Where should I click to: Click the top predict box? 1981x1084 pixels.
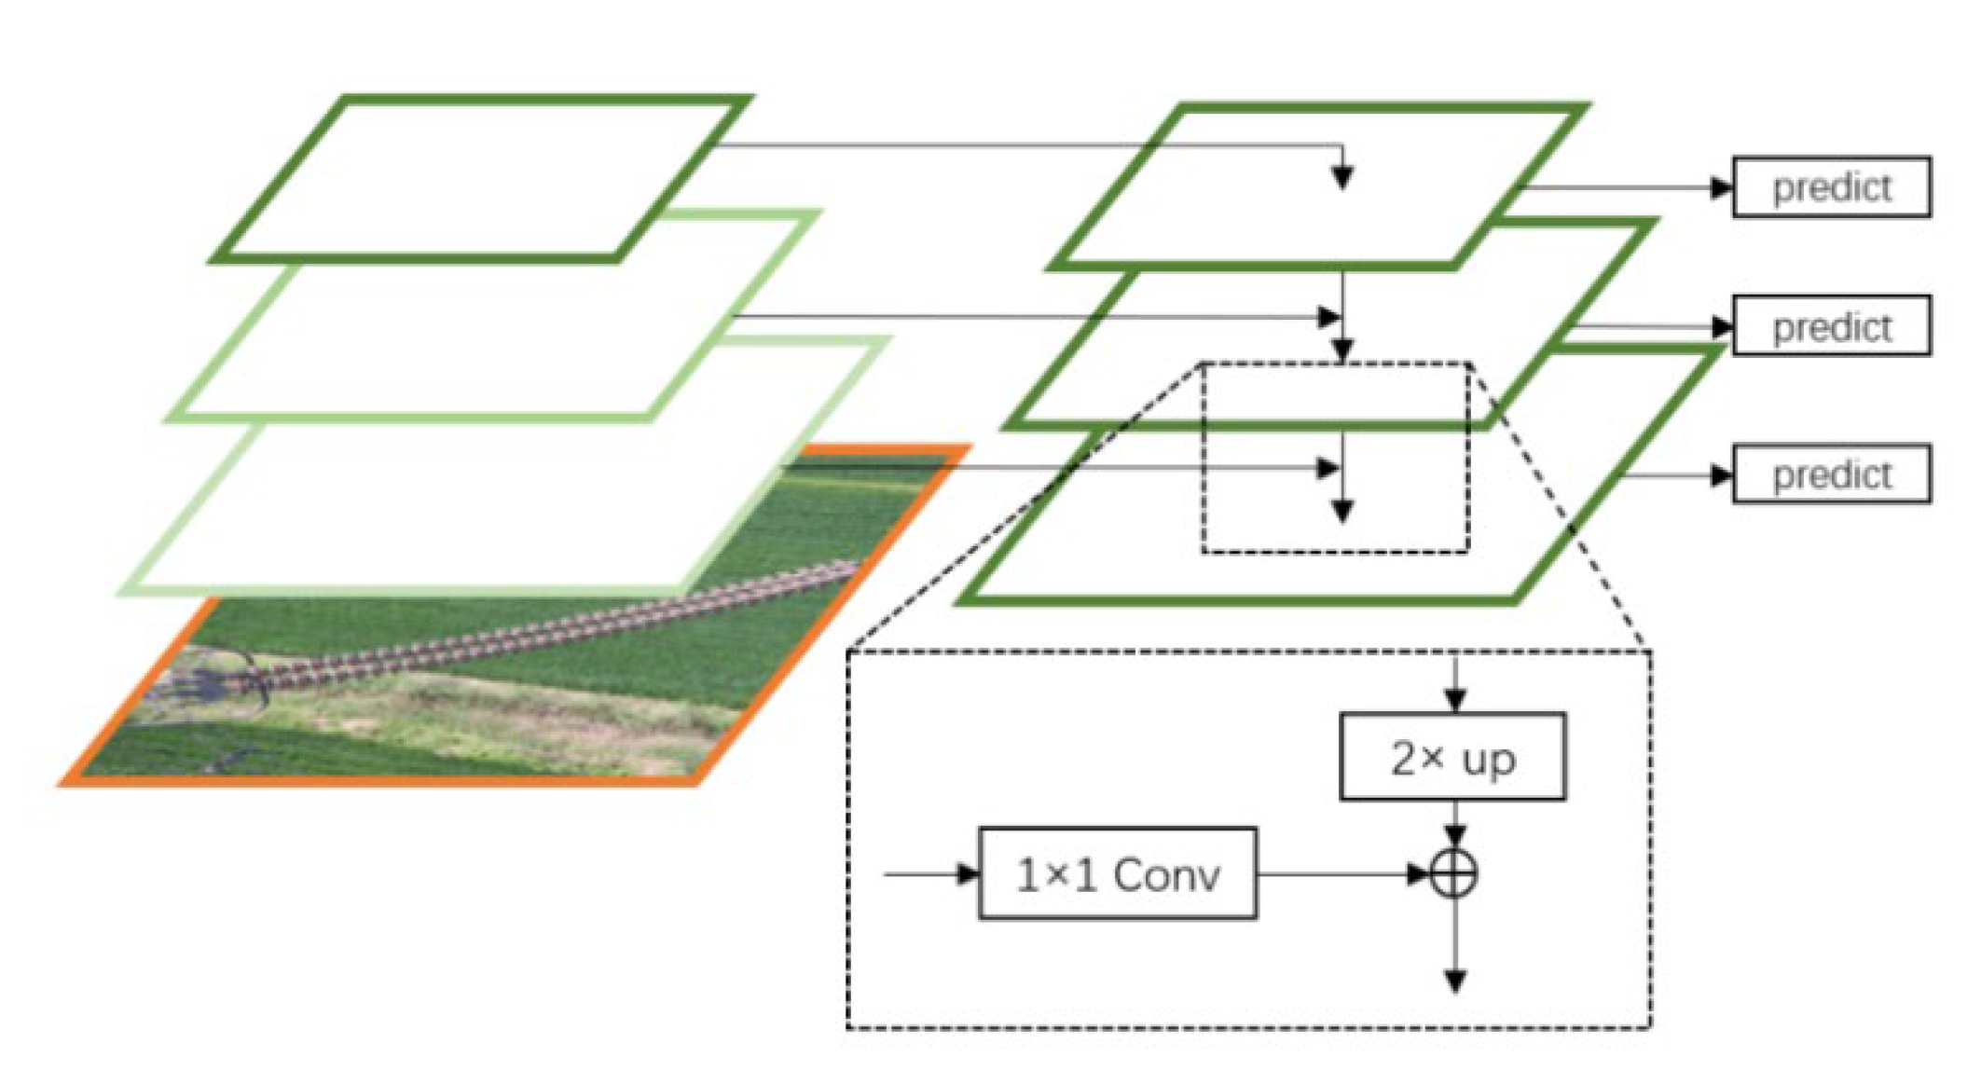tap(1830, 187)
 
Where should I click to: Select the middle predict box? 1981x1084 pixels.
tap(1830, 326)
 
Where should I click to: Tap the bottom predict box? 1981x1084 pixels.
tap(1830, 475)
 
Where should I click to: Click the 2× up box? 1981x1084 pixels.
tap(1451, 757)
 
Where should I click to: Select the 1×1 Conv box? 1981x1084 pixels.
tap(1117, 873)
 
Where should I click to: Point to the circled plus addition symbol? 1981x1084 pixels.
tap(1454, 874)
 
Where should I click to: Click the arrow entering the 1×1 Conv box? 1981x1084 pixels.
tap(932, 874)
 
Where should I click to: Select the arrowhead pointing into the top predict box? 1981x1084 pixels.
tap(1721, 187)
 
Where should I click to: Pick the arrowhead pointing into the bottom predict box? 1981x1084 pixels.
tap(1721, 476)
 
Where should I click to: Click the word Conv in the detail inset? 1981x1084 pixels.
tap(1165, 874)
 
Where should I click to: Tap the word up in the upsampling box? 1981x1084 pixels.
tap(1489, 760)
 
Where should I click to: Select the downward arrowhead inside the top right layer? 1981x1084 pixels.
tap(1341, 177)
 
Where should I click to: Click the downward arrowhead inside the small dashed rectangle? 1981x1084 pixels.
tap(1341, 510)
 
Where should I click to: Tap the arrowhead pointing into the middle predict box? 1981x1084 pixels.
tap(1721, 327)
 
